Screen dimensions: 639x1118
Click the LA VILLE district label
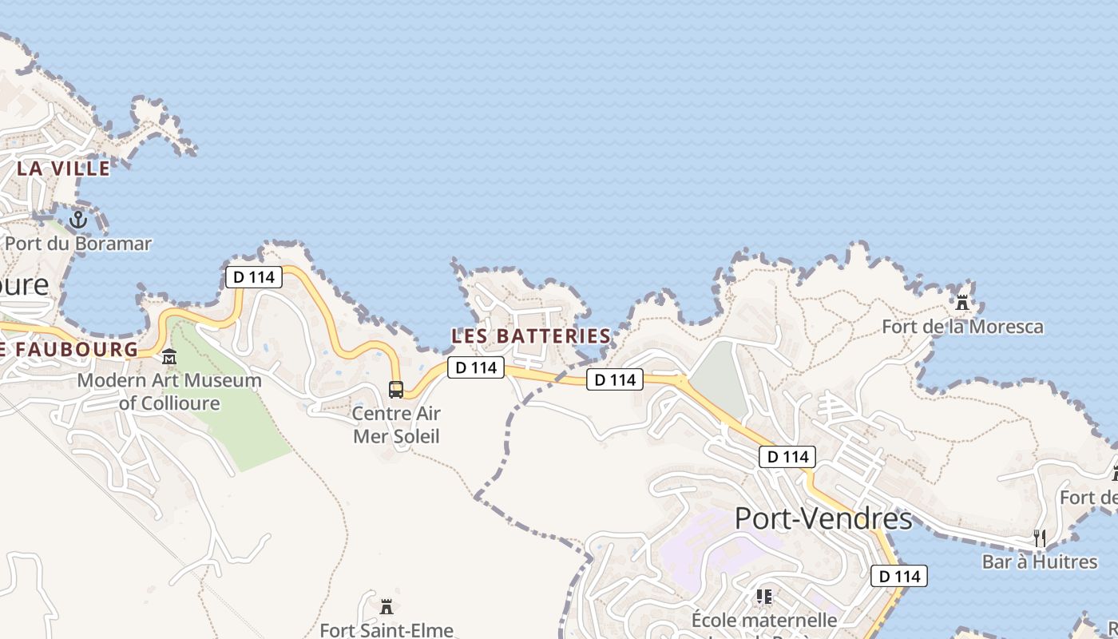click(63, 169)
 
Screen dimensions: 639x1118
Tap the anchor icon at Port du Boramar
click(78, 219)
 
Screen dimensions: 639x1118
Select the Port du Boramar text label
click(78, 244)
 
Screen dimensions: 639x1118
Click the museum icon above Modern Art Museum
click(169, 356)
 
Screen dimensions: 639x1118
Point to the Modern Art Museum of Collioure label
click(169, 391)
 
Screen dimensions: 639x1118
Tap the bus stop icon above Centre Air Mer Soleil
click(396, 390)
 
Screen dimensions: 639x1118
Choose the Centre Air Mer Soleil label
click(396, 425)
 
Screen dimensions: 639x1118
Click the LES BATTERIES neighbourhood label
click(531, 336)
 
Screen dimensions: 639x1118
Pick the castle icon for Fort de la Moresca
click(962, 303)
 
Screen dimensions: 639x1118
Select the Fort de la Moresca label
click(962, 327)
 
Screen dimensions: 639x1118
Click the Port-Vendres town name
click(823, 518)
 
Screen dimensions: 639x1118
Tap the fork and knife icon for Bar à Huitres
click(1040, 538)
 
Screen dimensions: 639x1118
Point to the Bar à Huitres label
click(1040, 562)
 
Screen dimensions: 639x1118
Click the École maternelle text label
click(764, 620)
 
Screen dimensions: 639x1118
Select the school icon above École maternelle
click(764, 596)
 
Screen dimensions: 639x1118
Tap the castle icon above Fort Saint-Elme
click(387, 605)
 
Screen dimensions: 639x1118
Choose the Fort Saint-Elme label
click(387, 630)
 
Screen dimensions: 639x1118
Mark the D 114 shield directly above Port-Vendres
click(787, 457)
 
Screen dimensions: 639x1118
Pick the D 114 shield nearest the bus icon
click(476, 367)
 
